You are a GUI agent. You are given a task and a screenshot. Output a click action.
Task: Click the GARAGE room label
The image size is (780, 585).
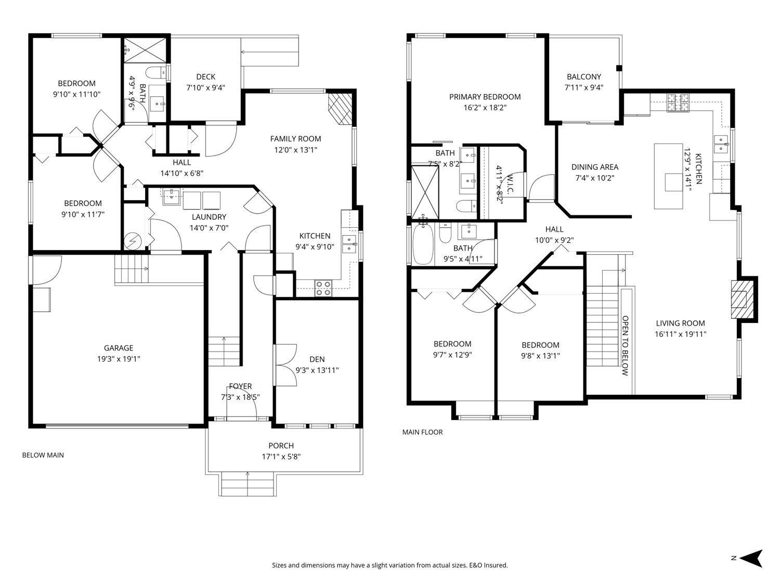coord(119,348)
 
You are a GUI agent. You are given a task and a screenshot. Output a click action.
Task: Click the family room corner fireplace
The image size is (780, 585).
coord(340,109)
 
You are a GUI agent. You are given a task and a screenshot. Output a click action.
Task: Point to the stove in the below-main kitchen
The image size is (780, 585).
coord(323,288)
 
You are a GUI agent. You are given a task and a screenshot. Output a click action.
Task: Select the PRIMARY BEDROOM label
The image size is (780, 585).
coord(485,97)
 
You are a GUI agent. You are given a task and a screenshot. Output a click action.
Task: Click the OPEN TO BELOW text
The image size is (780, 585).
coord(625,346)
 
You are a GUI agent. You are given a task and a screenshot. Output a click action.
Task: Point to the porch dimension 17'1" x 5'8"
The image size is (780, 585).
coord(281,457)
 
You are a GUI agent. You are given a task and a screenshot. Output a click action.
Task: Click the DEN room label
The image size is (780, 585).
coord(317,359)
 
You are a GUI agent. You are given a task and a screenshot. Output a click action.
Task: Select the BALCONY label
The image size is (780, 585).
coord(584,76)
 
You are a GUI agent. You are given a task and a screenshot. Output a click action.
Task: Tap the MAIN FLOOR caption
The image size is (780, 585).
coord(422,432)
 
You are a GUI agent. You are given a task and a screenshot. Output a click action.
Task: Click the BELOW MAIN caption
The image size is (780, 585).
coord(43,455)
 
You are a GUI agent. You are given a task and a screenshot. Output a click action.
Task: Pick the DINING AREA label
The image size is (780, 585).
coord(594,167)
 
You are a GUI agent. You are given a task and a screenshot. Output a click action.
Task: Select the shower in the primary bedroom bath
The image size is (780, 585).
coord(425,191)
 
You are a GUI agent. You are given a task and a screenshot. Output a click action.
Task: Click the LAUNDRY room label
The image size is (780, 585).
coord(209,217)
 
